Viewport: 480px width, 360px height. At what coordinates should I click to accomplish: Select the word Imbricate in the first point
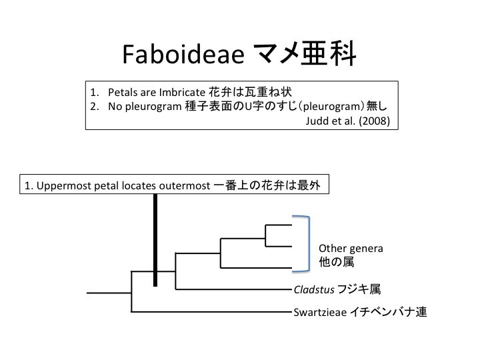[x=185, y=91]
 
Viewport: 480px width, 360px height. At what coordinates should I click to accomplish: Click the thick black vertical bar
[x=155, y=240]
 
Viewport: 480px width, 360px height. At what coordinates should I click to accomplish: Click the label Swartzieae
[x=319, y=311]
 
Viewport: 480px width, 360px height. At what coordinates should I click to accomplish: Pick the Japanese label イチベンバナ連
[x=387, y=311]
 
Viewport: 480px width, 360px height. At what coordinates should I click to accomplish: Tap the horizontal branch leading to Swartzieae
[x=211, y=312]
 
